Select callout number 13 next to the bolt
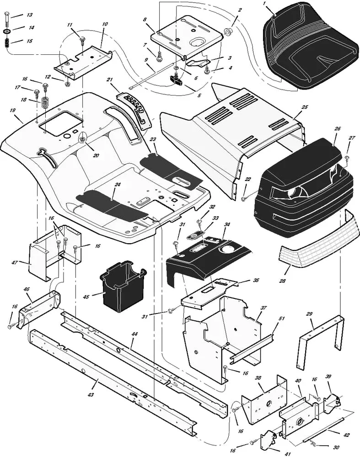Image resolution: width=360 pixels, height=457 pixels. (x=29, y=15)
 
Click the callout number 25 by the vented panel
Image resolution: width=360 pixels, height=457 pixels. (x=305, y=107)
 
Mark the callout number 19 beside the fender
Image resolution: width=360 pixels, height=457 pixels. (x=12, y=110)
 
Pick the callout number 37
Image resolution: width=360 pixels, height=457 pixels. (x=263, y=308)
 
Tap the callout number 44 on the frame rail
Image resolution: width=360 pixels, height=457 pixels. (x=134, y=334)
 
